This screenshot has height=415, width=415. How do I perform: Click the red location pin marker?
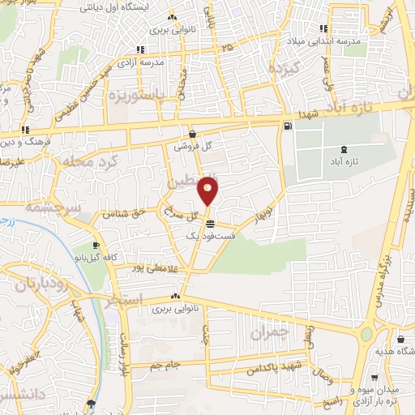(x=208, y=190)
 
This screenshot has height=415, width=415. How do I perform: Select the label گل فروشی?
(x=191, y=148)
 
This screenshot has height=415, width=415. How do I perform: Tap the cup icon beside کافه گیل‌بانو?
(x=96, y=245)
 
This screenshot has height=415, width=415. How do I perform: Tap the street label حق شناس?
(x=119, y=214)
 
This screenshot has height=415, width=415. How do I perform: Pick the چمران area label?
(x=269, y=332)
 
